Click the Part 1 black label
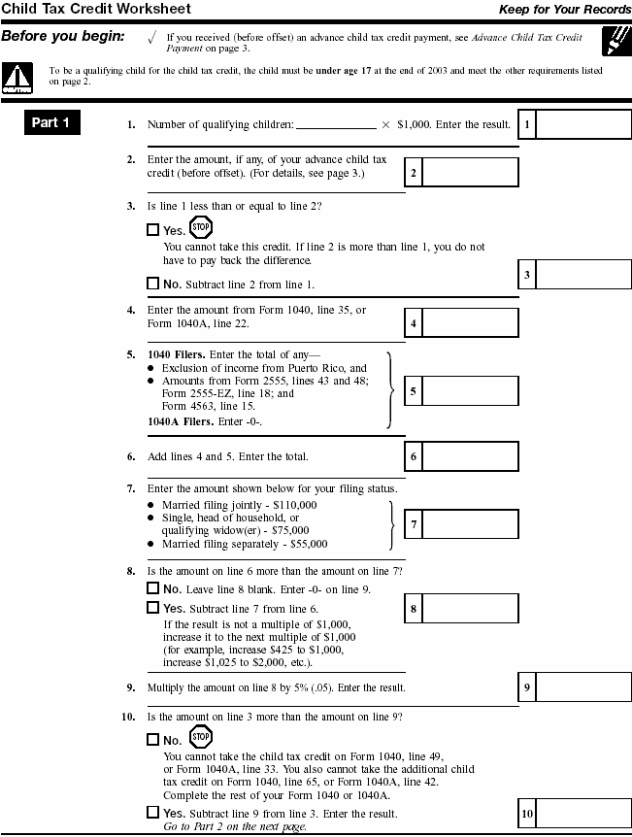(51, 123)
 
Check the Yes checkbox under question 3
(152, 230)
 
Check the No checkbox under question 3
(152, 284)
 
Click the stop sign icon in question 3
(200, 228)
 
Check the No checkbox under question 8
(152, 587)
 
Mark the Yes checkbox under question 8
(152, 607)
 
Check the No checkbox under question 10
(152, 739)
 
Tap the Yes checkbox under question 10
(152, 812)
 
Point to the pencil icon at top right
(615, 42)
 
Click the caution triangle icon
(17, 76)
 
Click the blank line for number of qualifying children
(335, 125)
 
